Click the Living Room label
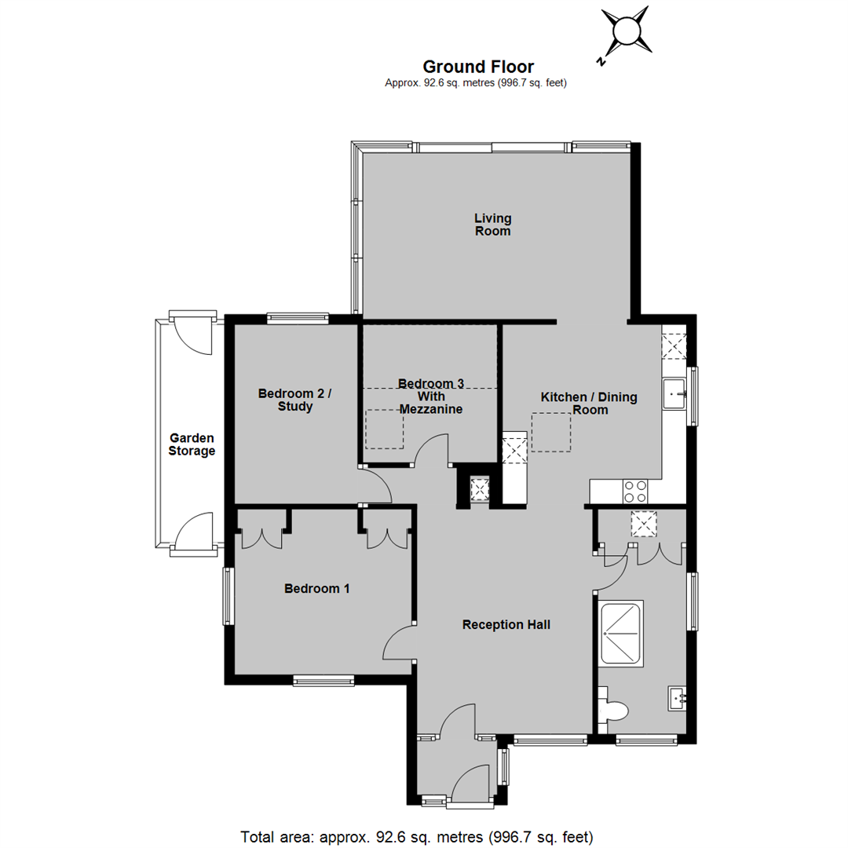[492, 225]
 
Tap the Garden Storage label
[192, 444]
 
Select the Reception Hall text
[506, 625]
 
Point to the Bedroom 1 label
[317, 588]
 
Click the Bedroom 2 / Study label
[294, 400]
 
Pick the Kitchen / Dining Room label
[589, 404]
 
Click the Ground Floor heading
[478, 67]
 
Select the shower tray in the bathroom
[621, 633]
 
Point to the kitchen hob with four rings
[635, 492]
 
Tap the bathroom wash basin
[678, 699]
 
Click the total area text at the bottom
[417, 837]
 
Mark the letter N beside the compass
[601, 61]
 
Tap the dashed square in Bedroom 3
[385, 429]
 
